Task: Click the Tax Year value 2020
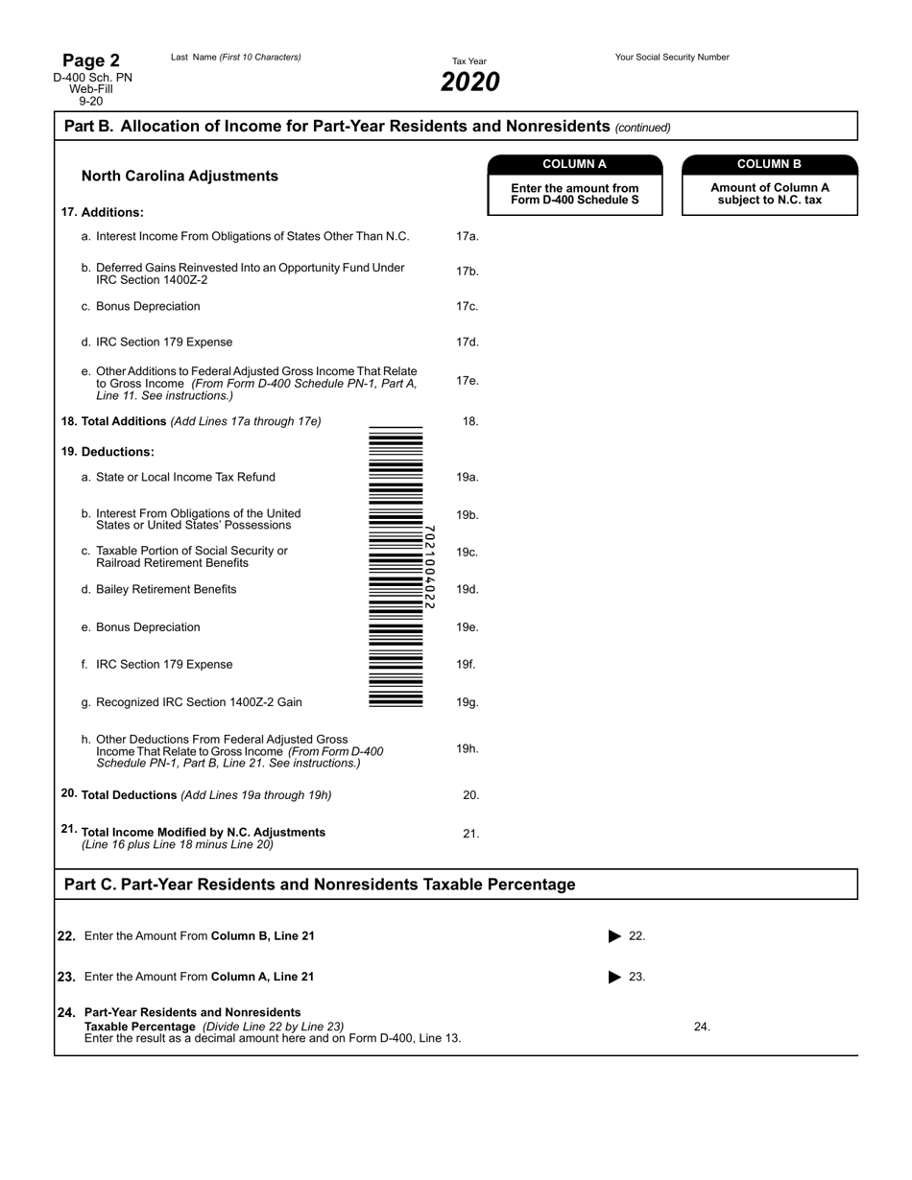pos(469,83)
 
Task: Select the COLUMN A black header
pos(575,164)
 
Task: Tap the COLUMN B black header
pos(769,164)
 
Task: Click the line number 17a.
pos(467,236)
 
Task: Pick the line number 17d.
pos(467,342)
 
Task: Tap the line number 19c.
pos(467,553)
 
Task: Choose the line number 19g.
pos(467,702)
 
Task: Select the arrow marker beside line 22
pos(615,936)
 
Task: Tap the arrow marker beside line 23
pos(615,978)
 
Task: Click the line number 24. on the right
pos(702,1027)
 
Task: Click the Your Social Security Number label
pos(672,58)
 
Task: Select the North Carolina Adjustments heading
pos(180,177)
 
